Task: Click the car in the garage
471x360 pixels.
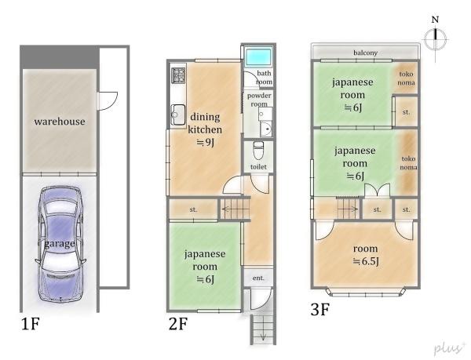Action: tap(60, 244)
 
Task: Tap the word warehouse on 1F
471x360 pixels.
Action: tap(60, 122)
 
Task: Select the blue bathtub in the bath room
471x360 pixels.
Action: tap(258, 57)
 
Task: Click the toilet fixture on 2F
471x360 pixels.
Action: tap(258, 151)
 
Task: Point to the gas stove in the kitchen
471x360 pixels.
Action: tap(178, 75)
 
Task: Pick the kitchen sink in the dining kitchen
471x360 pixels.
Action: tap(178, 115)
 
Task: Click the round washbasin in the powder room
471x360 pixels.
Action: tap(266, 129)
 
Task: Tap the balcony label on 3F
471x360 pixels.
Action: tap(365, 53)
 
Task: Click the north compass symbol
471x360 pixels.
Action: tap(435, 39)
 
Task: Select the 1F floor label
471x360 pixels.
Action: tap(30, 324)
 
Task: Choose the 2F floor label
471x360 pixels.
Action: tap(178, 324)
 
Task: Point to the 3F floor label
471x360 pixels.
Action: tap(320, 309)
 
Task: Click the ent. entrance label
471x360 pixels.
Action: tap(258, 278)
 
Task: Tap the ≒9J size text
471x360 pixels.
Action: tap(205, 143)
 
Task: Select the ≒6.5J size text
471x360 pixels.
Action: tap(366, 262)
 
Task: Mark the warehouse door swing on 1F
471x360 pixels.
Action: tap(108, 101)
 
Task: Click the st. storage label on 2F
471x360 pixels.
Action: tap(193, 209)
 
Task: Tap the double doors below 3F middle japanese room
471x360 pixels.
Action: tap(378, 191)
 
